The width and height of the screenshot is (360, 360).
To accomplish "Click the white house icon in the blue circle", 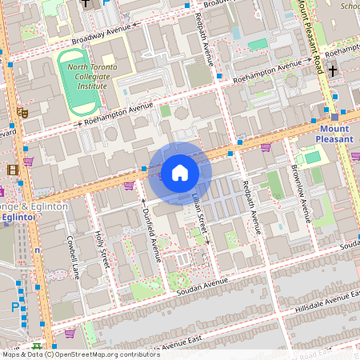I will click(180, 172).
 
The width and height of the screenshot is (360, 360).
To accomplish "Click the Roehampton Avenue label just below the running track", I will click(118, 114).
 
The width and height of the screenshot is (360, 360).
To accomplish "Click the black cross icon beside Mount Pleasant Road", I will click(332, 70).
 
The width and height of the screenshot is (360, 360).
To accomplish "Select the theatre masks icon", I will click(23, 114).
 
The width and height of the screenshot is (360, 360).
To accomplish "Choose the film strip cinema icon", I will click(12, 170).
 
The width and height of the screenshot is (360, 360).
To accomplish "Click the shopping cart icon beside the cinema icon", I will click(29, 161).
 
